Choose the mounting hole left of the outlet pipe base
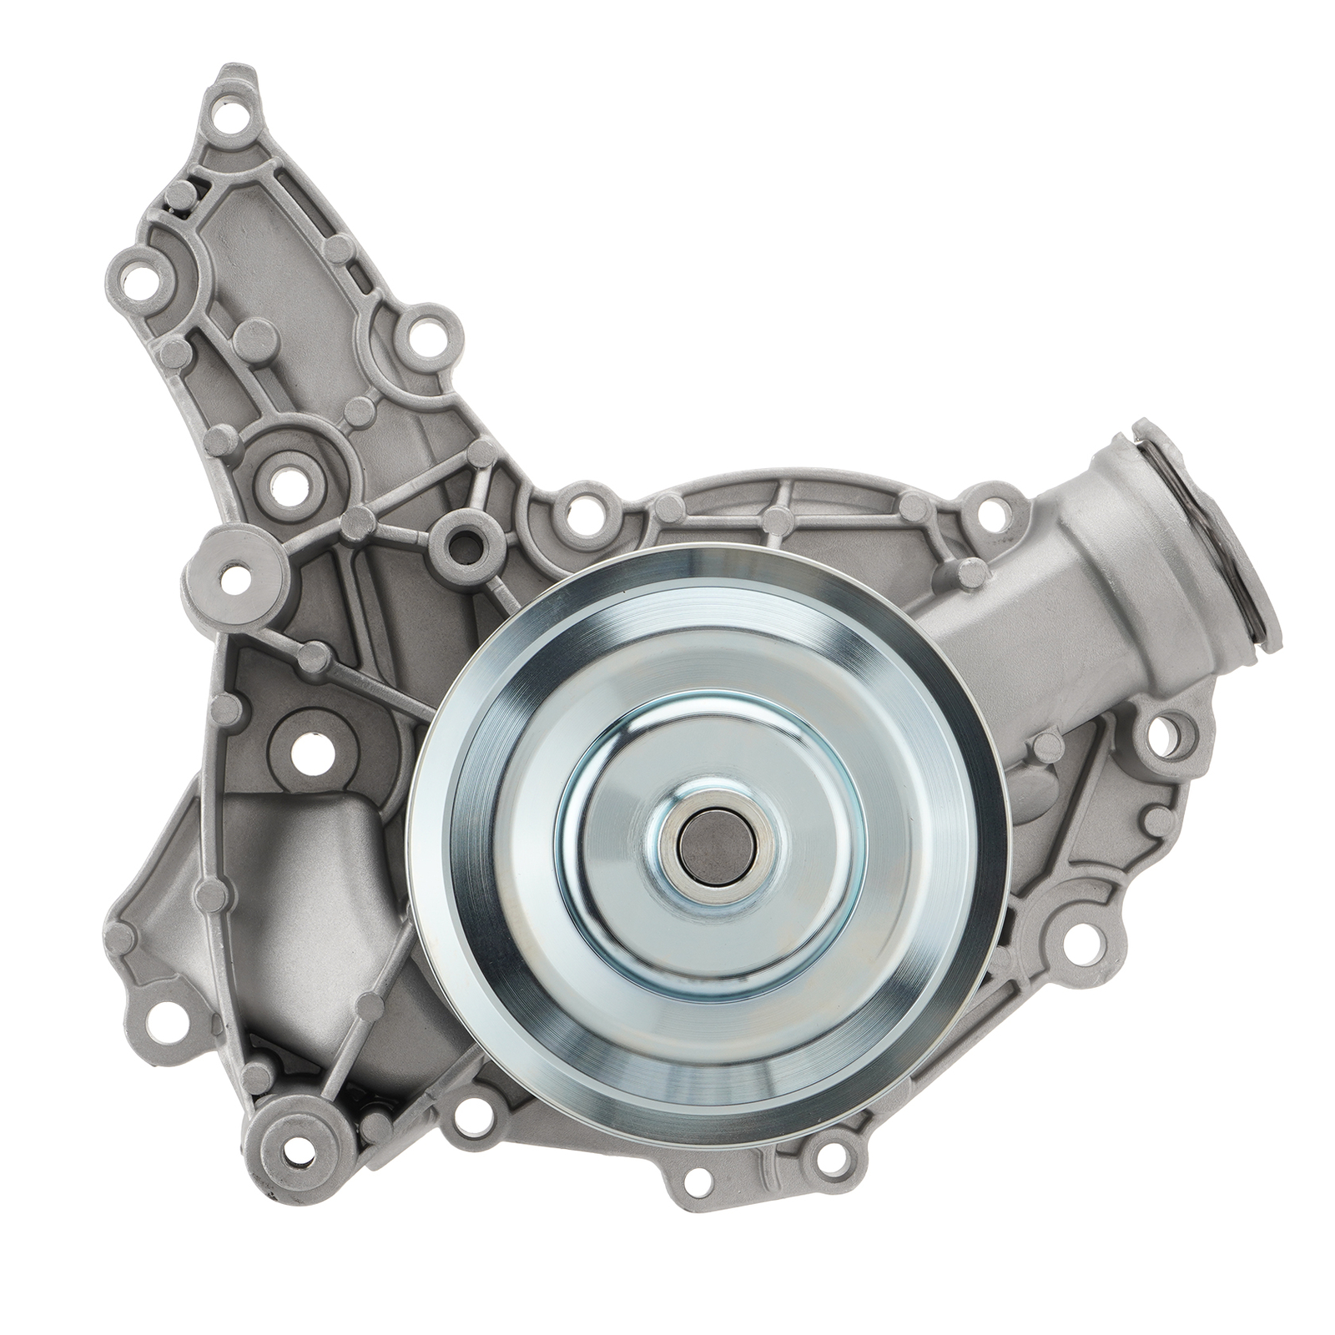click(x=990, y=511)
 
